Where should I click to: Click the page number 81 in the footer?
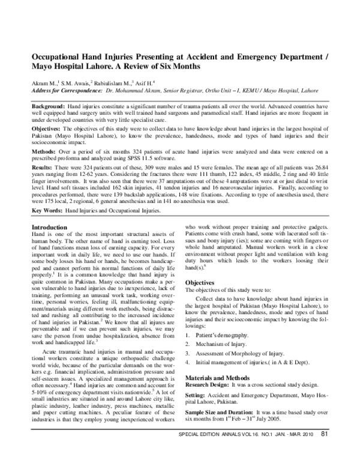324,452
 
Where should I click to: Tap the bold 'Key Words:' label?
46,211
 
